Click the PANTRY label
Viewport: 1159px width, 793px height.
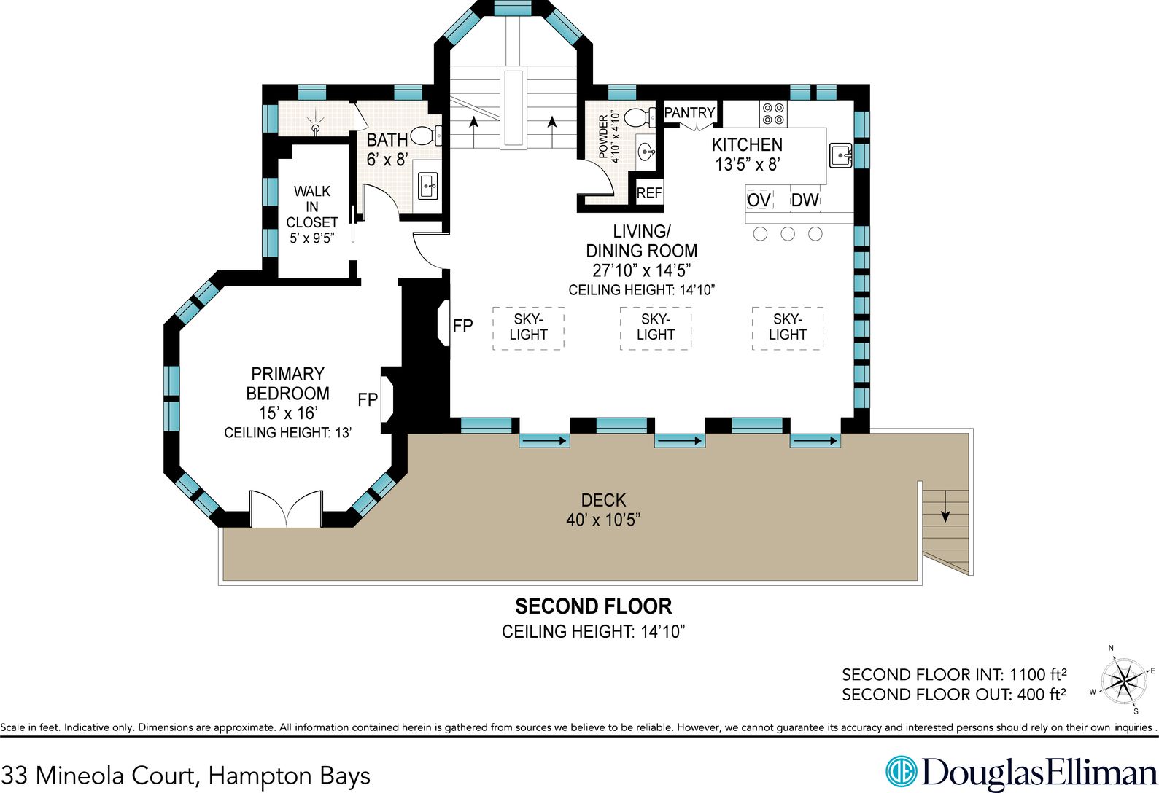(689, 112)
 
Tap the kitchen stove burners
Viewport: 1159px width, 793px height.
(773, 114)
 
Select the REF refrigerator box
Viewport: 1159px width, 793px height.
(649, 193)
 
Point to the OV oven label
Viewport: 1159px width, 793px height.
(759, 200)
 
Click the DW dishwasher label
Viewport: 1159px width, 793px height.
(805, 200)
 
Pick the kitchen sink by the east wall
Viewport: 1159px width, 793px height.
(840, 155)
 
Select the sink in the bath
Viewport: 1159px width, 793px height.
(428, 186)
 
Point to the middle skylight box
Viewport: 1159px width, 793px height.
(656, 328)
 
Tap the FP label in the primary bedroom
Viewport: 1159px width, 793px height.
(368, 399)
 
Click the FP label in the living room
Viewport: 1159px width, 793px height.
(462, 326)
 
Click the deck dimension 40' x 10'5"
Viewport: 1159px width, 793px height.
(603, 520)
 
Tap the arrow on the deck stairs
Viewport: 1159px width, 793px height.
(945, 506)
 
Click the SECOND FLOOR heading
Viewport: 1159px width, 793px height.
(594, 606)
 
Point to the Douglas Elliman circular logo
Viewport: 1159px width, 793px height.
(901, 772)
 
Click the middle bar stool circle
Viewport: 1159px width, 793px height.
(788, 234)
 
